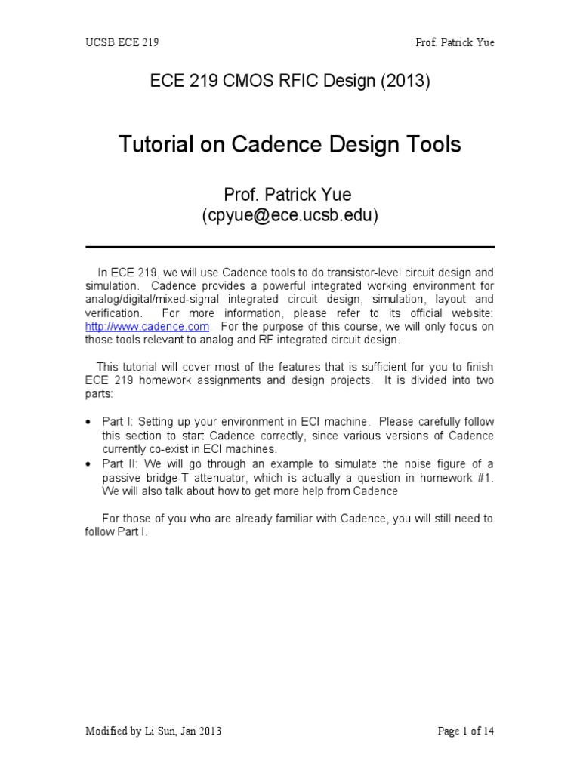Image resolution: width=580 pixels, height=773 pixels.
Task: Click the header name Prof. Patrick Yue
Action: (455, 42)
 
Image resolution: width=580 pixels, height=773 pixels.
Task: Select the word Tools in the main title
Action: (430, 144)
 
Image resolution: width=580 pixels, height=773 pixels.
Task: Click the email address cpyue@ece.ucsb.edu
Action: (290, 216)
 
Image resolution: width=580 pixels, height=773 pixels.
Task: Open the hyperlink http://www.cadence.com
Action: (147, 326)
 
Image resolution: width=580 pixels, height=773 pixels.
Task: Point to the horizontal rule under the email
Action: (290, 247)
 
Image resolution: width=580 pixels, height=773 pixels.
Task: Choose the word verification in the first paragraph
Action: (113, 313)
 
